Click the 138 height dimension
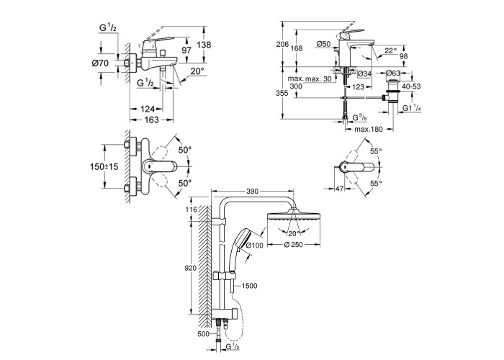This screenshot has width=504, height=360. coord(204,45)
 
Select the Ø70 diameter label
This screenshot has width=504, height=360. coord(100,63)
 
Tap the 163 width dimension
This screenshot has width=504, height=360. coord(152,120)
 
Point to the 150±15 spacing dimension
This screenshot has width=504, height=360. coord(104,166)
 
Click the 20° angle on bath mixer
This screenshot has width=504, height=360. coord(197,71)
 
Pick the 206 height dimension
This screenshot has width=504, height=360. coord(283,45)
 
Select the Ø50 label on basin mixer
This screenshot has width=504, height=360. coord(323,44)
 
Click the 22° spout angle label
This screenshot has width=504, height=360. coord(391,50)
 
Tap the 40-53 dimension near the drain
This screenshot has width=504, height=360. coord(411,86)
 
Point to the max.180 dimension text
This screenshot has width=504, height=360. coord(369,129)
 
